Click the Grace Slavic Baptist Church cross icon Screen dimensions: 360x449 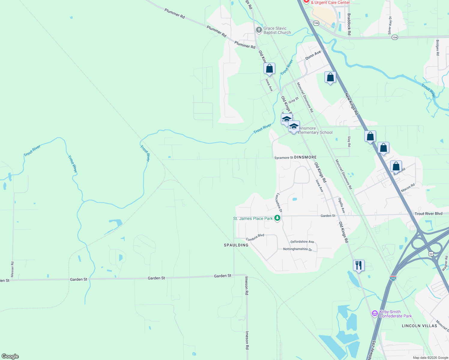point(259,30)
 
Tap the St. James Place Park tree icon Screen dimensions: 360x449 point(278,218)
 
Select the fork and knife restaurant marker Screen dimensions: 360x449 point(359,266)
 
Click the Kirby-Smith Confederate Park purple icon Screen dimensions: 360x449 point(375,314)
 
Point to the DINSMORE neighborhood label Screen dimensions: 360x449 point(305,157)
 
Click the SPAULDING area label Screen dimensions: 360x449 point(236,245)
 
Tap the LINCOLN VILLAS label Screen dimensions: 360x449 point(419,326)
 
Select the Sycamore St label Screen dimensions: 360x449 point(284,157)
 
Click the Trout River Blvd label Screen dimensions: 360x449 point(428,214)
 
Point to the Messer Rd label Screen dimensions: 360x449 point(12,269)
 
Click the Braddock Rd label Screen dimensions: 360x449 point(349,24)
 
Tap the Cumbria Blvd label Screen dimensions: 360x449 point(255,237)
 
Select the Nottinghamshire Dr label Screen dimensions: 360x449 point(297,249)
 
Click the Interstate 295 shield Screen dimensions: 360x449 point(393,278)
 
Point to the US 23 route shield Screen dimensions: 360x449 point(431,254)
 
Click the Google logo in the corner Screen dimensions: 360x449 point(10,356)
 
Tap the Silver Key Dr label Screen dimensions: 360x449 point(390,25)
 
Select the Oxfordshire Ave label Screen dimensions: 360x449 point(302,242)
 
